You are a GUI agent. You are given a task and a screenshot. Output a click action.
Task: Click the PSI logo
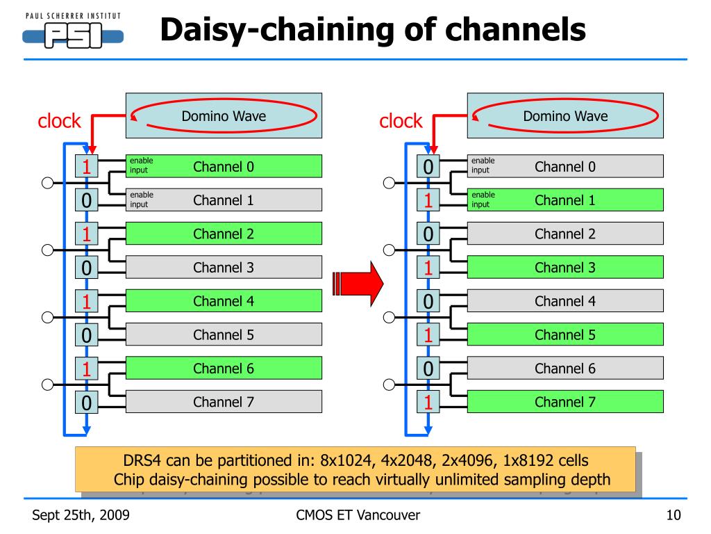click(x=73, y=31)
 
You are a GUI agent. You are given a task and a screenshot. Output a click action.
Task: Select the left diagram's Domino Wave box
click(x=224, y=116)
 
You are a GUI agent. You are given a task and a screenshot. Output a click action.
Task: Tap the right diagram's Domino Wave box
click(x=565, y=116)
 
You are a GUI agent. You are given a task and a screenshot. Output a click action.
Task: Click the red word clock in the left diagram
click(x=59, y=121)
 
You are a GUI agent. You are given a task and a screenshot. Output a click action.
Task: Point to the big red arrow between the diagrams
click(x=358, y=284)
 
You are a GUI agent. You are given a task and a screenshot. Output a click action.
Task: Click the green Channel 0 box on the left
click(x=224, y=166)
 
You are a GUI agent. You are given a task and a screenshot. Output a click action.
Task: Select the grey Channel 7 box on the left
click(x=224, y=402)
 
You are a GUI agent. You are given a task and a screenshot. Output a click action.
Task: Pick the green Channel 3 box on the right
click(x=565, y=267)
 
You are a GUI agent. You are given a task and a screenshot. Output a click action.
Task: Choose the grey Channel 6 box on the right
click(x=565, y=368)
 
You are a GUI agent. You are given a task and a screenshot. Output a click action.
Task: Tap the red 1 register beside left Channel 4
click(x=87, y=301)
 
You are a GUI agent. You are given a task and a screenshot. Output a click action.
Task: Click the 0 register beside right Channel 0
click(x=428, y=166)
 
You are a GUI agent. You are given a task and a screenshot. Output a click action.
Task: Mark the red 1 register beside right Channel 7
click(x=428, y=402)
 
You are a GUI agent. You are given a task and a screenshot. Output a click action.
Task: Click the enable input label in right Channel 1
click(x=483, y=200)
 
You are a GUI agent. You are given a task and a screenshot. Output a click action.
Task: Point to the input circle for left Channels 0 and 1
click(x=48, y=183)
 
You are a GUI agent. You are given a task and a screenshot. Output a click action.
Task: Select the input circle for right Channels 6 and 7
click(x=389, y=385)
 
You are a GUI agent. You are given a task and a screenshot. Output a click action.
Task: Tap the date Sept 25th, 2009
click(x=81, y=515)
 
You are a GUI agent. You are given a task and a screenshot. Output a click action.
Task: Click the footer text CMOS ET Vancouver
click(x=358, y=515)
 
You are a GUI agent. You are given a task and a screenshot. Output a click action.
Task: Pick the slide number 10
click(x=674, y=515)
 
